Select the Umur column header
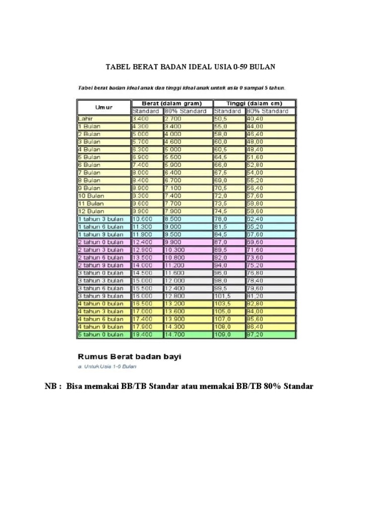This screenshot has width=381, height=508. (x=104, y=107)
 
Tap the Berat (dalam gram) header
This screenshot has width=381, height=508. (x=172, y=103)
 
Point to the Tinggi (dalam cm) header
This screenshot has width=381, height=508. (x=254, y=103)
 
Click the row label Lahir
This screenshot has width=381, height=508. (x=86, y=119)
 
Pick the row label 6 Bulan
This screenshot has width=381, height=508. (x=89, y=165)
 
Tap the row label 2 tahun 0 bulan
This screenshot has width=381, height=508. (x=101, y=242)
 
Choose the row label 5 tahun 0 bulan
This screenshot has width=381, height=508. (x=101, y=335)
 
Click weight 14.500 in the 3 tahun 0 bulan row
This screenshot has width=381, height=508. (x=142, y=273)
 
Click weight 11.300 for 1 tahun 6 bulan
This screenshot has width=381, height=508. (x=142, y=226)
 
